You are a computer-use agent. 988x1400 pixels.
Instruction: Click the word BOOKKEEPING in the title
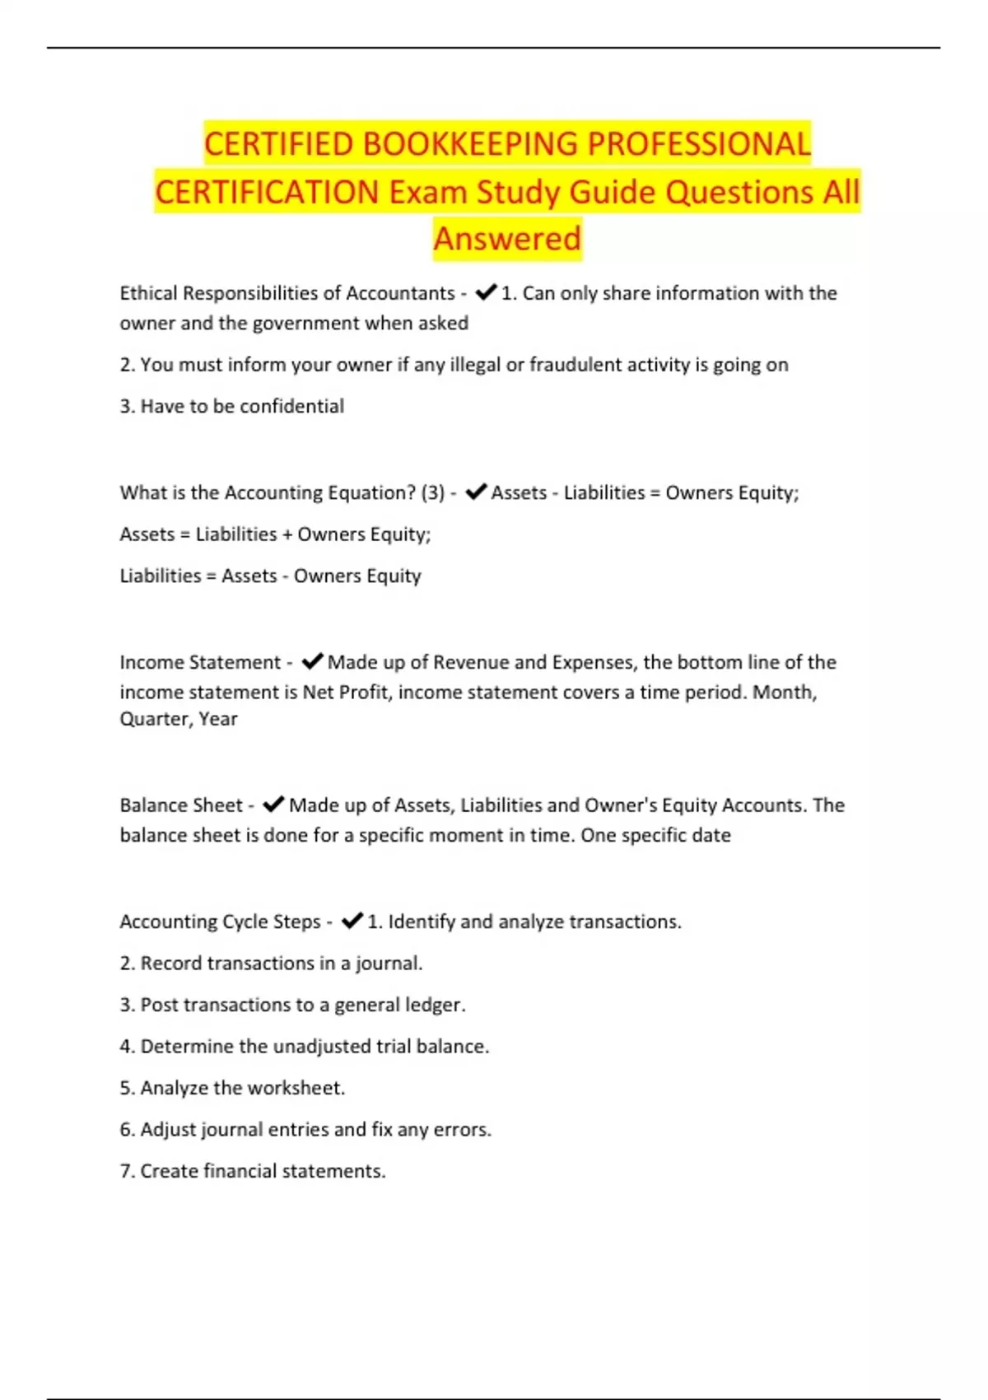coord(471,144)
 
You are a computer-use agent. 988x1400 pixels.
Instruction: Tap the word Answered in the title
coord(507,239)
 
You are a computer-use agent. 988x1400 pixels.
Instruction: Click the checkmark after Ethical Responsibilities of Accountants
coord(486,292)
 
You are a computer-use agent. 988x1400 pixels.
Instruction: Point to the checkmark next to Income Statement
coord(312,661)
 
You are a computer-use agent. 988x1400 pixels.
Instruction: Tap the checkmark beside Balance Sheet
coord(273,804)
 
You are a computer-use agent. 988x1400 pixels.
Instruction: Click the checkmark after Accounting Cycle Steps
coord(352,921)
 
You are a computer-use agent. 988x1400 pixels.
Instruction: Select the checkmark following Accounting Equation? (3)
coord(476,492)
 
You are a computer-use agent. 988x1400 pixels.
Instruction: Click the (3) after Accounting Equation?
coord(432,492)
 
